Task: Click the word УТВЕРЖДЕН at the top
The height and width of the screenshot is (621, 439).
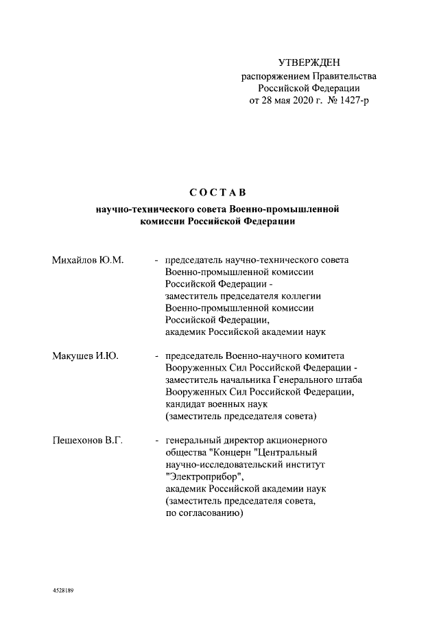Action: pyautogui.click(x=309, y=63)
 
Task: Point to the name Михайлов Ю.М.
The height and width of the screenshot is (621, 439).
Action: pyautogui.click(x=87, y=260)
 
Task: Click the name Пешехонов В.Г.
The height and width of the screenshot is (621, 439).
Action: pyautogui.click(x=87, y=439)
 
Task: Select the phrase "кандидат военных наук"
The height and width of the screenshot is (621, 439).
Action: pyautogui.click(x=219, y=405)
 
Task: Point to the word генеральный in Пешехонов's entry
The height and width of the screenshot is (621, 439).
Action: pyautogui.click(x=195, y=439)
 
